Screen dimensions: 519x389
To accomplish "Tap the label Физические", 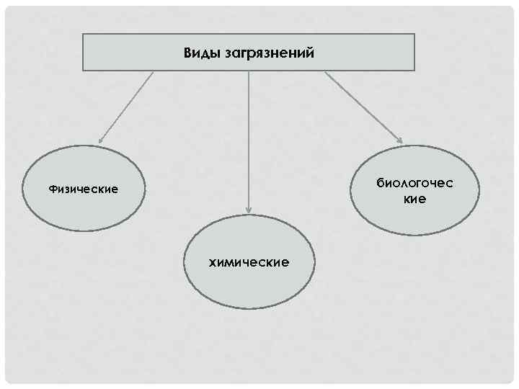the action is (83, 189).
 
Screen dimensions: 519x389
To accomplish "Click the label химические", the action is (249, 262).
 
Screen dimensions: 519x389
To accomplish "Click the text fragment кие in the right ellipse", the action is (415, 199).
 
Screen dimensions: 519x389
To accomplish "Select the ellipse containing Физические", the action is (83, 209).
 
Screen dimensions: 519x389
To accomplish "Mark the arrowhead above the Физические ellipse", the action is (100, 140).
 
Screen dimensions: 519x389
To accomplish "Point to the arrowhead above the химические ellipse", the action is (249, 210).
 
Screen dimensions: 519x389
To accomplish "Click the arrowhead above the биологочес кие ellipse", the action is (399, 140).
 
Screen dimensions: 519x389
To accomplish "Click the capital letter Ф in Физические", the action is (52, 189).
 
